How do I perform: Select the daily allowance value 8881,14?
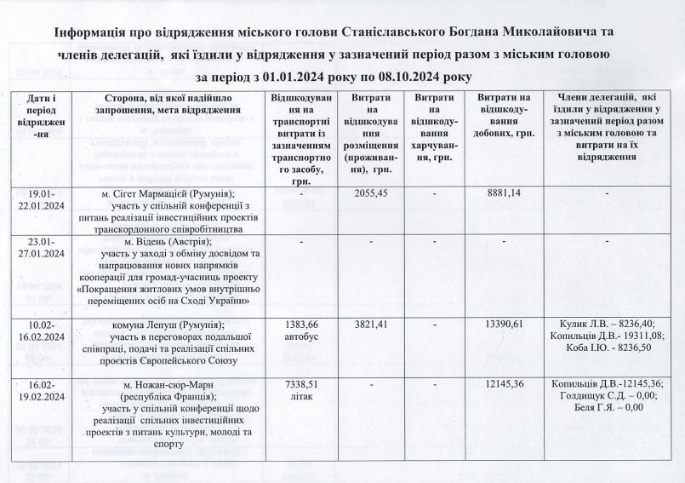coord(503,194)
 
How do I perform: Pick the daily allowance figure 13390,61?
coord(503,325)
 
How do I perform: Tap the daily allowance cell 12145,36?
coord(503,385)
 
